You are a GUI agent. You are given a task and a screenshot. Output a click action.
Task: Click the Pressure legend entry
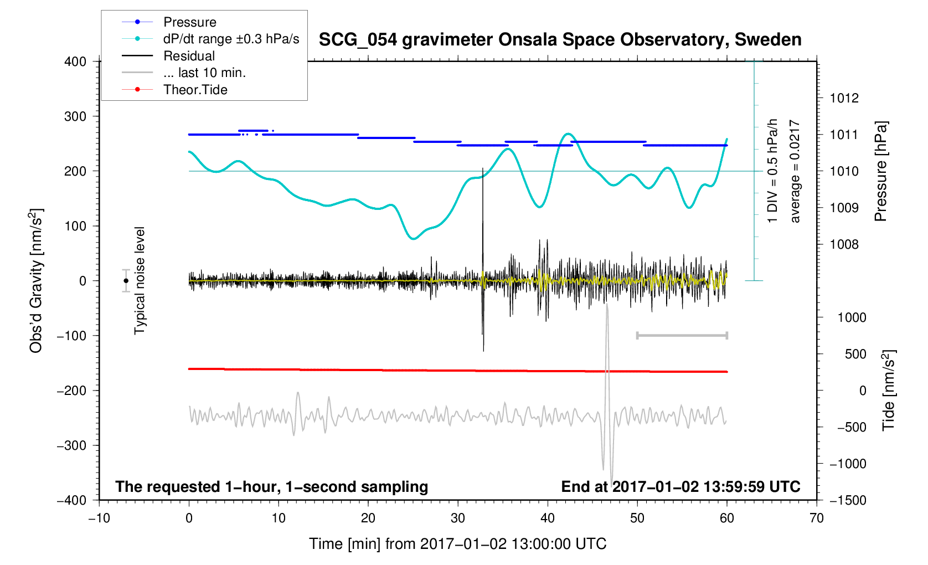(x=189, y=22)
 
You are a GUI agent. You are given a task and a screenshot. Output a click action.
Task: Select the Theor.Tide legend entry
(x=195, y=90)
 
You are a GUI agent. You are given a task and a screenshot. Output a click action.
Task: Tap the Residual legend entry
(x=189, y=56)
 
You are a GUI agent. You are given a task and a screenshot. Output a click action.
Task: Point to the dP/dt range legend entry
(x=231, y=39)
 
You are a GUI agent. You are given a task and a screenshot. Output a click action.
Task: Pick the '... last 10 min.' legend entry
(x=204, y=73)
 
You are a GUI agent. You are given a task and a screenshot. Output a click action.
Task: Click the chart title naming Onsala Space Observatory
(x=560, y=40)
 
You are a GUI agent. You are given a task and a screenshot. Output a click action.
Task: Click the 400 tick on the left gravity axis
(x=75, y=61)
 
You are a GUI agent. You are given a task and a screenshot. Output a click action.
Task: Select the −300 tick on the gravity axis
(x=72, y=445)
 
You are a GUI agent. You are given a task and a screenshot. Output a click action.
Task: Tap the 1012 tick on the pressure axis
(x=844, y=99)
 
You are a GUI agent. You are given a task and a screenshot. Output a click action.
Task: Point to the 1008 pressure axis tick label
(x=844, y=244)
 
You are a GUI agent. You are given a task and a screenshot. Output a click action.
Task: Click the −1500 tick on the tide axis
(x=847, y=500)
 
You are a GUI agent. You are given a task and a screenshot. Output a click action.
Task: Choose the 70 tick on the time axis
(x=816, y=518)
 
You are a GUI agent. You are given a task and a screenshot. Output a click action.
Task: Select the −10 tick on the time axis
(x=99, y=518)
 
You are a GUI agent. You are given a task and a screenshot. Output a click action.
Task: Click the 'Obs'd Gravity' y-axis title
(x=36, y=281)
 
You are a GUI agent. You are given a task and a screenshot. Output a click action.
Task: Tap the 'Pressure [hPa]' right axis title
(x=880, y=171)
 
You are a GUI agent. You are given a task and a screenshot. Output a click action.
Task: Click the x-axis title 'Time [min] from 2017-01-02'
(x=457, y=544)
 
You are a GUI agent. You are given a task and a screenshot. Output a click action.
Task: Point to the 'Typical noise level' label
(x=140, y=281)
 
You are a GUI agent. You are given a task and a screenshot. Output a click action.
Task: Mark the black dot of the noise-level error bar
(x=126, y=281)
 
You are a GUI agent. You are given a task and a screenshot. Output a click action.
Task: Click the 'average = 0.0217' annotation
(x=795, y=171)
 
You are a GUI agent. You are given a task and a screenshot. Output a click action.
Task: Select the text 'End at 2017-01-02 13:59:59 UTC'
(x=680, y=487)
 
